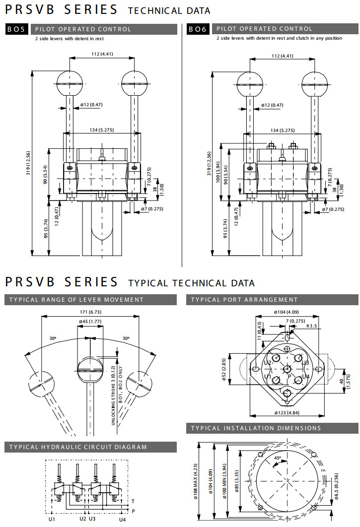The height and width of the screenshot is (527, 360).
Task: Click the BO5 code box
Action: (17, 29)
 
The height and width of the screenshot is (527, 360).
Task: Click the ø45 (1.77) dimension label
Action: (90, 322)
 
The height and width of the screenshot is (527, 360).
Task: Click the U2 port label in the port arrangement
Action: (268, 363)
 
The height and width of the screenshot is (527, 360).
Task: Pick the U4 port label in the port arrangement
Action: (306, 377)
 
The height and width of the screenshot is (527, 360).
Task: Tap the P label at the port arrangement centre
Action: (289, 377)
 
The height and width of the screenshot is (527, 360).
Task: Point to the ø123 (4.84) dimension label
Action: (288, 413)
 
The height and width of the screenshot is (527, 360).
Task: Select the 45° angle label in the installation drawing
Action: (278, 458)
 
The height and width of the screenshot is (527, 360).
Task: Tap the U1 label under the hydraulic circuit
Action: (52, 519)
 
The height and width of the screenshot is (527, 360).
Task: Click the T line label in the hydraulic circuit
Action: (133, 501)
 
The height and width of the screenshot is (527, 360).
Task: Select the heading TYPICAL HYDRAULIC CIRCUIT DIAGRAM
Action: (78, 447)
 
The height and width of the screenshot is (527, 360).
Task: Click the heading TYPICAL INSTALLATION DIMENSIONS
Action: (256, 428)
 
